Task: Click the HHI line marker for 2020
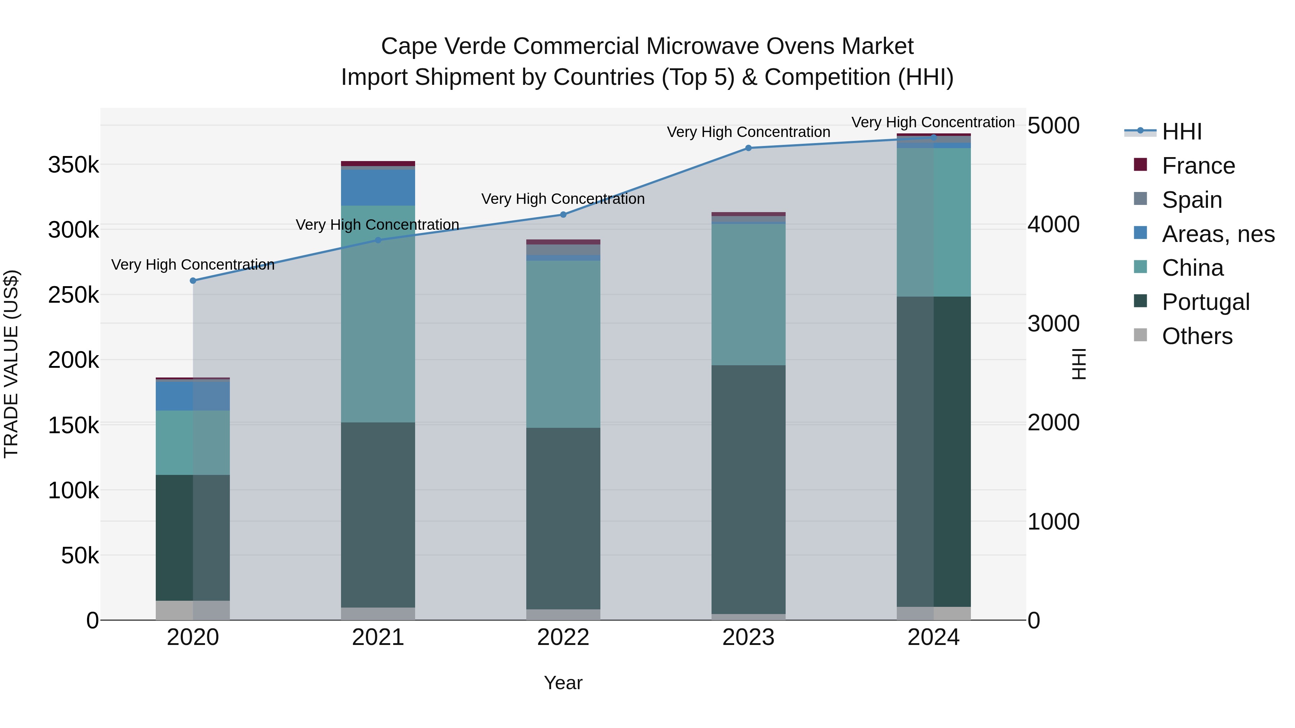(193, 281)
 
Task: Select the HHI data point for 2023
(749, 148)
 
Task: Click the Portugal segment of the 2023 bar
(749, 490)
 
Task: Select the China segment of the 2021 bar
(378, 314)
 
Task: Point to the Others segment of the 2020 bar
(193, 610)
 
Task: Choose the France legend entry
(1198, 166)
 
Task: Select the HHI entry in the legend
(1181, 132)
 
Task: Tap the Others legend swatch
(1141, 335)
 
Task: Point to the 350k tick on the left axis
(73, 165)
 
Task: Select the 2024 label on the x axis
(933, 637)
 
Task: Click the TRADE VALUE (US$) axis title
(11, 364)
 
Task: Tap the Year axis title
(563, 683)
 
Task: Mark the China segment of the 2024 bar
(933, 222)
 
